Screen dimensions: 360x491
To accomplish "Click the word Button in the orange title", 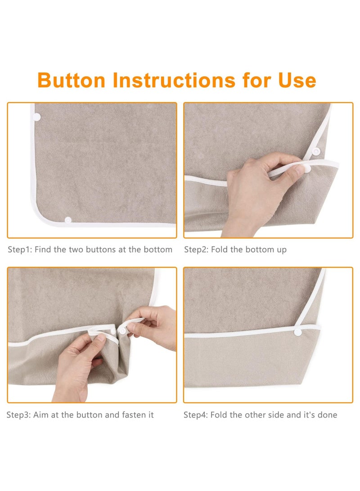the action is pyautogui.click(x=72, y=80).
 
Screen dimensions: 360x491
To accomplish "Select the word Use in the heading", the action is pyautogui.click(x=297, y=80).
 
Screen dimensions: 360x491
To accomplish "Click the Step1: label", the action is pyautogui.click(x=20, y=250).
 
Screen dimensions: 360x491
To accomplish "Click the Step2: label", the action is pyautogui.click(x=196, y=250).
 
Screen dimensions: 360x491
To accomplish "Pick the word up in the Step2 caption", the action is pyautogui.click(x=281, y=250).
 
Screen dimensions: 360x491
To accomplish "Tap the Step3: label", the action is pyautogui.click(x=19, y=415).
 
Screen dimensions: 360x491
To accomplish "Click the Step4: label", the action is pyautogui.click(x=196, y=415).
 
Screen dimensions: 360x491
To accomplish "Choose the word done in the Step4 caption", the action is pyautogui.click(x=328, y=415).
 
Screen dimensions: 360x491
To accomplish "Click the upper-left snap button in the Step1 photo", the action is pyautogui.click(x=37, y=117).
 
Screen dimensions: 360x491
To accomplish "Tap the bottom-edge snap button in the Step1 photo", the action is pyautogui.click(x=68, y=220).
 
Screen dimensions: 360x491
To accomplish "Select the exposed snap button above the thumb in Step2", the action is pyautogui.click(x=316, y=152).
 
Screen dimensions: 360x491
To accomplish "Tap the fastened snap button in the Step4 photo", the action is pyautogui.click(x=298, y=332).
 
